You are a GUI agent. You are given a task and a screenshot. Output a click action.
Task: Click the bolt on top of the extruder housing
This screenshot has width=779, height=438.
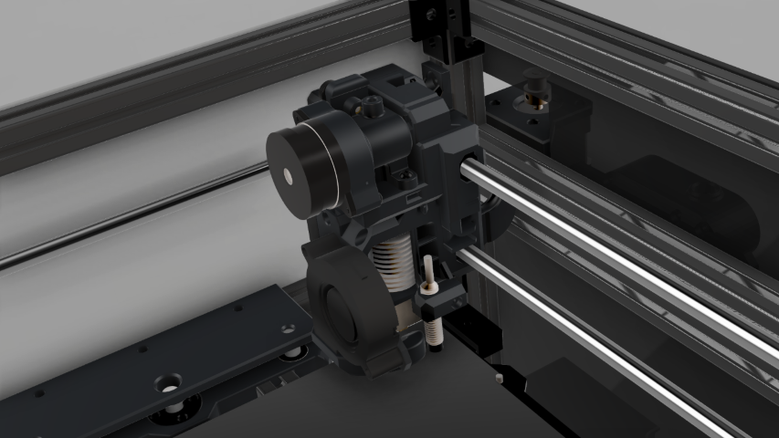click(372, 106)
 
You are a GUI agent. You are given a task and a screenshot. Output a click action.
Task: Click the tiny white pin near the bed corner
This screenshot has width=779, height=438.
click(499, 376)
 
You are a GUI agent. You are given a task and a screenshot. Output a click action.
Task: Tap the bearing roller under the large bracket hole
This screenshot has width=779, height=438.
click(170, 415)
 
